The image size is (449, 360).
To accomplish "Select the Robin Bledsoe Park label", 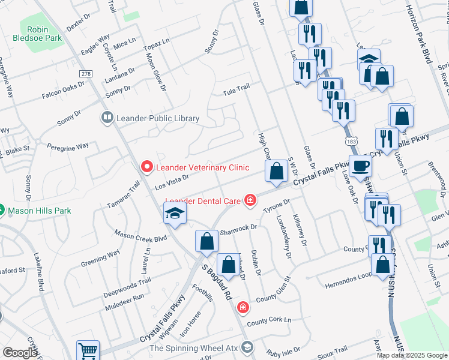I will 37,34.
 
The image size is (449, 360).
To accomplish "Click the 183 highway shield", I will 352,140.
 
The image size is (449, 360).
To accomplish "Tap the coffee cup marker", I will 361,166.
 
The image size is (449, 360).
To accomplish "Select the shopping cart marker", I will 88,350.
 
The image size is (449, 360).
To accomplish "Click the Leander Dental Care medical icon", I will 250,200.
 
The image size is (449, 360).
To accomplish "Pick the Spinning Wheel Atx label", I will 193,348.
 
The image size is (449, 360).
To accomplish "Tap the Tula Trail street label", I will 236,89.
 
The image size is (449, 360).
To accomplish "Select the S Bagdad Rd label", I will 217,283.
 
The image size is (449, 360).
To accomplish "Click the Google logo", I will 20,353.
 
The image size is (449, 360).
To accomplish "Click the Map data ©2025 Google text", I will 411,355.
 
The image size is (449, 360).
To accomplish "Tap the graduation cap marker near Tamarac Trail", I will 175,213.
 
